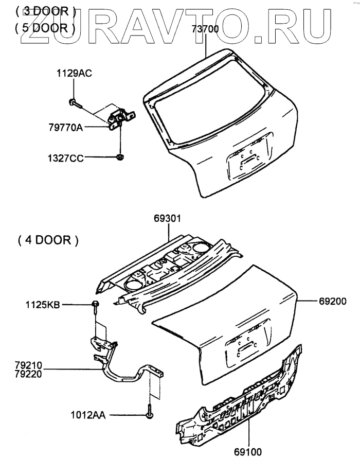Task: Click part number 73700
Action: (205, 30)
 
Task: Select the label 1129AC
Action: (74, 74)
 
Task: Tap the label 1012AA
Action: (88, 414)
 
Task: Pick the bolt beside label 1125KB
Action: (96, 306)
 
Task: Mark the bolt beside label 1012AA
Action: (149, 414)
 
